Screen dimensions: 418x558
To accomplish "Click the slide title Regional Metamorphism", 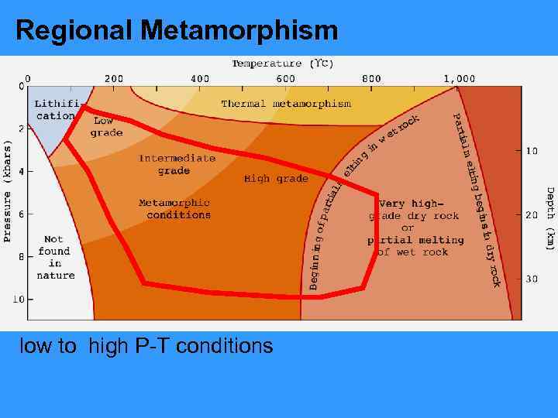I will click(177, 30).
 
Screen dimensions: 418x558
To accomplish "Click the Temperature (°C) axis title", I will click(283, 63).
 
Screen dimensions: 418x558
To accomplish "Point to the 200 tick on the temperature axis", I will click(114, 78).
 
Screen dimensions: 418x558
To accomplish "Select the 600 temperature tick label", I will click(285, 78).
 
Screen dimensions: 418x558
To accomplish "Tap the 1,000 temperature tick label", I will click(459, 78).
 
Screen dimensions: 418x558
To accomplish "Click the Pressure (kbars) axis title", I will click(9, 190).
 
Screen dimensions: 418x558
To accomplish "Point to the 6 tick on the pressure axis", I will click(21, 214).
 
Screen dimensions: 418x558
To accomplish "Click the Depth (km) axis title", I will click(549, 218).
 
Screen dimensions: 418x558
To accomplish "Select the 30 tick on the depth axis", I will click(532, 279).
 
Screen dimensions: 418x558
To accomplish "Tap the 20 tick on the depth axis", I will click(532, 214).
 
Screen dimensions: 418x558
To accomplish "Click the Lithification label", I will click(56, 109).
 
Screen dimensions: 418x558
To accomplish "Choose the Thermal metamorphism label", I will click(286, 103).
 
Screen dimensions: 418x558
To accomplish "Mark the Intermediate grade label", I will click(177, 164).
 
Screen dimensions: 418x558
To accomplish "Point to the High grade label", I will click(276, 179).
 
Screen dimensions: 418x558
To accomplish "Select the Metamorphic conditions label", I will click(174, 209).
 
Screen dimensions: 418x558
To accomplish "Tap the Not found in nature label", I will click(56, 257).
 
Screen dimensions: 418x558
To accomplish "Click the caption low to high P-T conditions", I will click(146, 345).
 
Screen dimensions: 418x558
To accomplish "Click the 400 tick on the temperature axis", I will click(200, 78).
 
